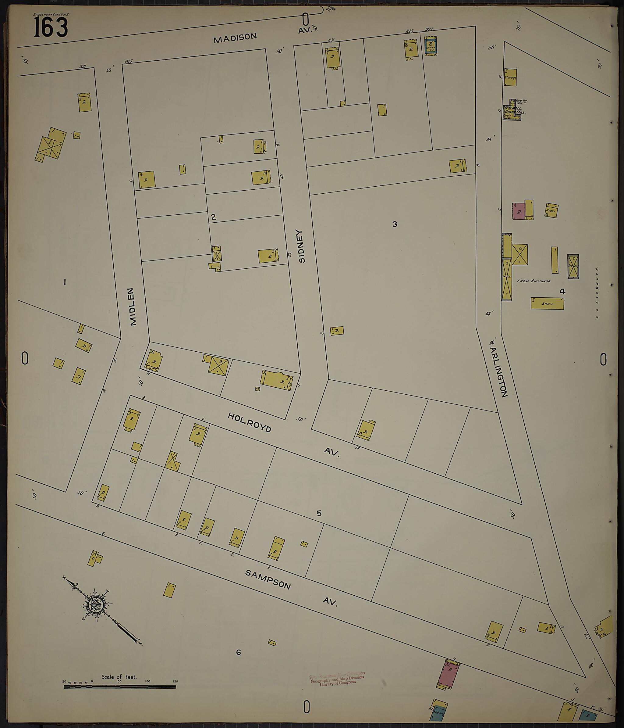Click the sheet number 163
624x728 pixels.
[x=51, y=28]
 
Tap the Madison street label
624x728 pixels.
[x=235, y=38]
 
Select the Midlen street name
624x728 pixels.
[x=132, y=307]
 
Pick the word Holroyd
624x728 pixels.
[x=249, y=422]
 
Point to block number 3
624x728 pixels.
[x=395, y=224]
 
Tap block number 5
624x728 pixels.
[x=319, y=513]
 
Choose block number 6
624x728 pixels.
[x=238, y=652]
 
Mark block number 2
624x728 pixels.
[x=213, y=217]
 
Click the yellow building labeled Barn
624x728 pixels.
[x=547, y=303]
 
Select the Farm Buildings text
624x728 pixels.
[x=533, y=281]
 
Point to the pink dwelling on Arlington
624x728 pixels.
[x=518, y=211]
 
